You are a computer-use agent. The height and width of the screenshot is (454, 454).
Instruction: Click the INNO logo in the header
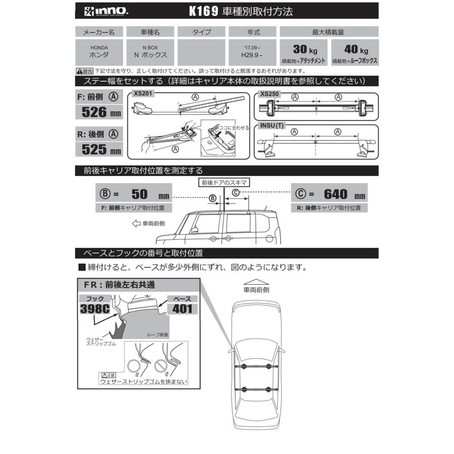[x=96, y=10]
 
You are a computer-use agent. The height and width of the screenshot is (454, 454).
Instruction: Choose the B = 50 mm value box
[x=133, y=194]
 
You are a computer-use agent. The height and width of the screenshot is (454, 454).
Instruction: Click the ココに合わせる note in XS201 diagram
[x=234, y=128]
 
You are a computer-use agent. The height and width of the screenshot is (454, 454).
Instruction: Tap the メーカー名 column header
[x=99, y=32]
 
